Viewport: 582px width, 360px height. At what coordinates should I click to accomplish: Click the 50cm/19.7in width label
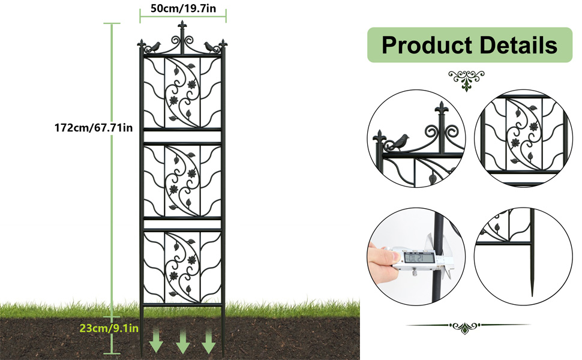click(183, 8)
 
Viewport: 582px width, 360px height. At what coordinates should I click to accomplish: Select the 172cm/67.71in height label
click(94, 128)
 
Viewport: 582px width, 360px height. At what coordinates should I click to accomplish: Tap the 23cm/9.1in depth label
click(109, 328)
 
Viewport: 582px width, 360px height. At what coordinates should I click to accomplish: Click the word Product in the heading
click(427, 45)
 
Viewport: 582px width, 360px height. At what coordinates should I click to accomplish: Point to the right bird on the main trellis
click(211, 47)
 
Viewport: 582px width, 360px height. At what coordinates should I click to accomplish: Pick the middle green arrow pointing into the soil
click(183, 341)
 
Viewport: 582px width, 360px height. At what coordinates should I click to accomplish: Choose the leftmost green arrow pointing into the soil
click(156, 340)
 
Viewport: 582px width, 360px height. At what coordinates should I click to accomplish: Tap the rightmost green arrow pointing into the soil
click(209, 341)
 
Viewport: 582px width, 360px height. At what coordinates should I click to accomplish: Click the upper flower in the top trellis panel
click(191, 85)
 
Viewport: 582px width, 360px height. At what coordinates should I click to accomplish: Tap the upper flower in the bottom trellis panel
click(191, 260)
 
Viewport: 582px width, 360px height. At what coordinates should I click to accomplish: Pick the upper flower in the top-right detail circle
click(534, 127)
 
